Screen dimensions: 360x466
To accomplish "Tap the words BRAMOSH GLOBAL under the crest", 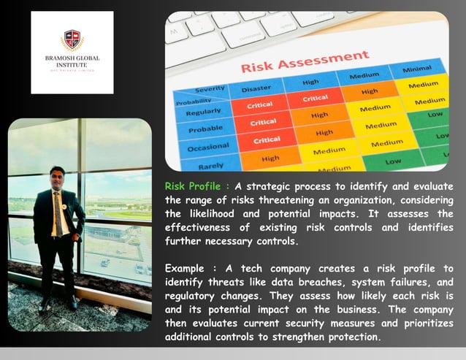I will coord(72,58).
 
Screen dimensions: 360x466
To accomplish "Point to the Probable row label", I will coord(205,130).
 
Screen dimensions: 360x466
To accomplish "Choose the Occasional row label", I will coord(207,148).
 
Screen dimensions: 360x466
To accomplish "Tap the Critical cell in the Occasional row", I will coord(266,139).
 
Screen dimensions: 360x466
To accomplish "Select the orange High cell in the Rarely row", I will coord(270,158).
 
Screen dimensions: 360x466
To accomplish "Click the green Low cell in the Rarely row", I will coord(392,161).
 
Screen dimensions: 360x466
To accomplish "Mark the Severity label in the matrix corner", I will coord(210,90).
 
